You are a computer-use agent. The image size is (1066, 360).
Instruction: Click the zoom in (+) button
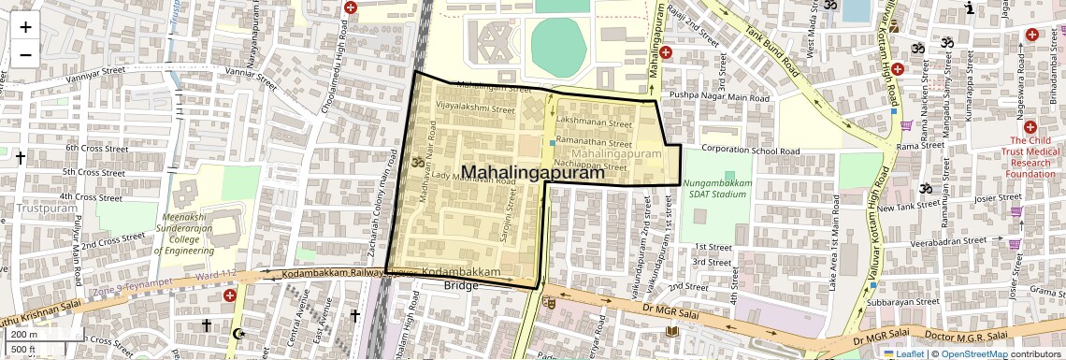25,26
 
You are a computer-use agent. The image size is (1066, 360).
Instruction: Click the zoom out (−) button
25,54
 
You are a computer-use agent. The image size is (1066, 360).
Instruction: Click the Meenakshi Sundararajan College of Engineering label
184,234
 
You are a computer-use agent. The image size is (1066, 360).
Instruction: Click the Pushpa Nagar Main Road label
719,96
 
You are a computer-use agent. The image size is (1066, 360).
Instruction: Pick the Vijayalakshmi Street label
476,108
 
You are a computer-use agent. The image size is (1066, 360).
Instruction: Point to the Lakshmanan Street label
594,122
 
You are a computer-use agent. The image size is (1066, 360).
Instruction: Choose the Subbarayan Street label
901,302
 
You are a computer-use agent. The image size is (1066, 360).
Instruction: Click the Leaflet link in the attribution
905,354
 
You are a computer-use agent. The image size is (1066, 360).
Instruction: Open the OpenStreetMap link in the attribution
973,354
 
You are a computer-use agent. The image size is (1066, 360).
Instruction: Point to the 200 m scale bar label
24,334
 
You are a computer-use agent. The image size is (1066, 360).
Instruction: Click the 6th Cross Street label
95,148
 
